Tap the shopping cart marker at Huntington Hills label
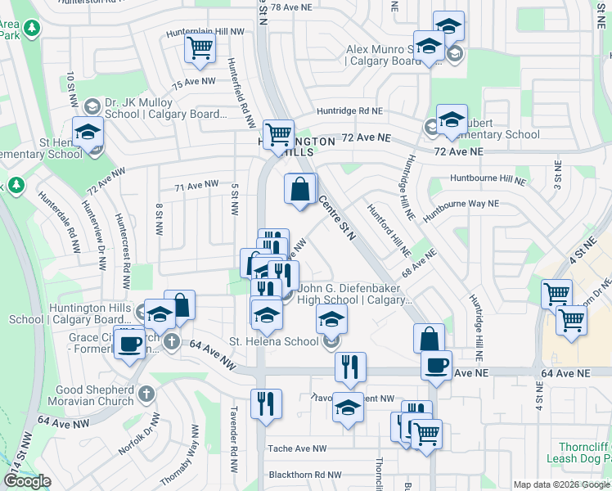278,133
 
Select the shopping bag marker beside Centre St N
300,189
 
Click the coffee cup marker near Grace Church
128,343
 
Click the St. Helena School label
273,341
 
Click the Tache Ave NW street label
297,448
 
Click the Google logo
27,480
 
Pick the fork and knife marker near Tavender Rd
267,405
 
